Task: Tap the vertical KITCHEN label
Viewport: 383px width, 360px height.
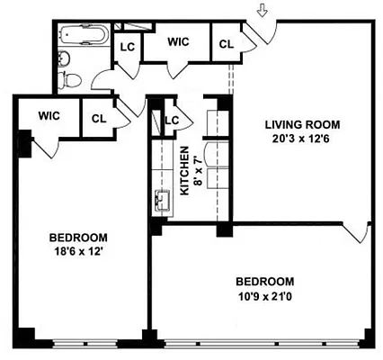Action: pos(184,171)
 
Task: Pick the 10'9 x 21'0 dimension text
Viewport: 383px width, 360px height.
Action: pos(266,294)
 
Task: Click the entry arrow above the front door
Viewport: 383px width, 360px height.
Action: pos(262,12)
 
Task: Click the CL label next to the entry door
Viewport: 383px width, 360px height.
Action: pos(226,42)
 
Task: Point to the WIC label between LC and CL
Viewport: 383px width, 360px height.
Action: pos(179,40)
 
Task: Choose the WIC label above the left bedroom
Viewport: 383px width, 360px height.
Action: pos(49,114)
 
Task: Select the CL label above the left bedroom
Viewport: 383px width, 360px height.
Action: pos(98,117)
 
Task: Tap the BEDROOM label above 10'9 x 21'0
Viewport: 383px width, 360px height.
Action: pos(266,280)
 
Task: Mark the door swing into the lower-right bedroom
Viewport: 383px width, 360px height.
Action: pos(360,234)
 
